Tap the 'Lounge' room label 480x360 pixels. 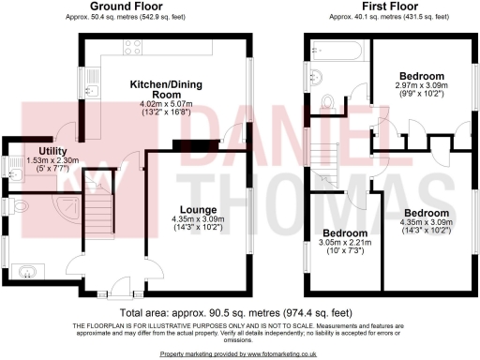pos(202,209)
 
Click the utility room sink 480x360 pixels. pos(21,174)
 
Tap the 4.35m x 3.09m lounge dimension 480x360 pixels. pos(202,219)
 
